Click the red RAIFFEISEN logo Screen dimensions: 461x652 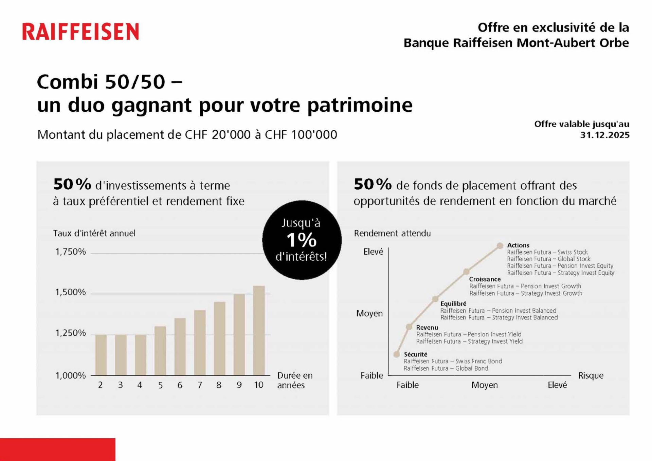(x=80, y=32)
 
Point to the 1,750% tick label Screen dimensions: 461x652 (x=71, y=252)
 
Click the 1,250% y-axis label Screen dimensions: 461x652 (x=71, y=333)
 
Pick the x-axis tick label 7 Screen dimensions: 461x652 (x=200, y=385)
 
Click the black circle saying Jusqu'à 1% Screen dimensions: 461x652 (x=302, y=240)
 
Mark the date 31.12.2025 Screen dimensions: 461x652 (x=604, y=135)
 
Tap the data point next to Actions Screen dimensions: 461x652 (x=500, y=245)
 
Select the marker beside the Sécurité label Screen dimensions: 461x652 (x=397, y=354)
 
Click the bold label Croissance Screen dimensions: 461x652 (x=485, y=279)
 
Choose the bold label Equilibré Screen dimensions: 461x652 (x=453, y=304)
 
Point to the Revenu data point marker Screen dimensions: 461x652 (x=409, y=327)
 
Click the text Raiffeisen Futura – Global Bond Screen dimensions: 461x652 (x=446, y=368)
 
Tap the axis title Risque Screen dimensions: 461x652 (x=591, y=376)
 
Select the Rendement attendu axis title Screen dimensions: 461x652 (x=392, y=234)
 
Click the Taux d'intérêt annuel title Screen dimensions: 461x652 (x=94, y=234)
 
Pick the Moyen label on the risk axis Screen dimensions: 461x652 (x=484, y=385)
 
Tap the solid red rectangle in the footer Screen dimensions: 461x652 (x=57, y=449)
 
